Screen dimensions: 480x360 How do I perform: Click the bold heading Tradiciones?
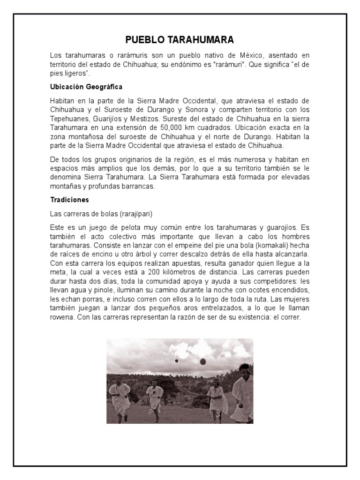pyautogui.click(x=69, y=200)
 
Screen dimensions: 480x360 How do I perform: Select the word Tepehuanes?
pyautogui.click(x=68, y=119)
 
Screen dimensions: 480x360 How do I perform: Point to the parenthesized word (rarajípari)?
pyautogui.click(x=137, y=213)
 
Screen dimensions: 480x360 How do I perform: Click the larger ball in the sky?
pyautogui.click(x=202, y=361)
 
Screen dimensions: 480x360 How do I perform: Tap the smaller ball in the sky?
pyautogui.click(x=176, y=360)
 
